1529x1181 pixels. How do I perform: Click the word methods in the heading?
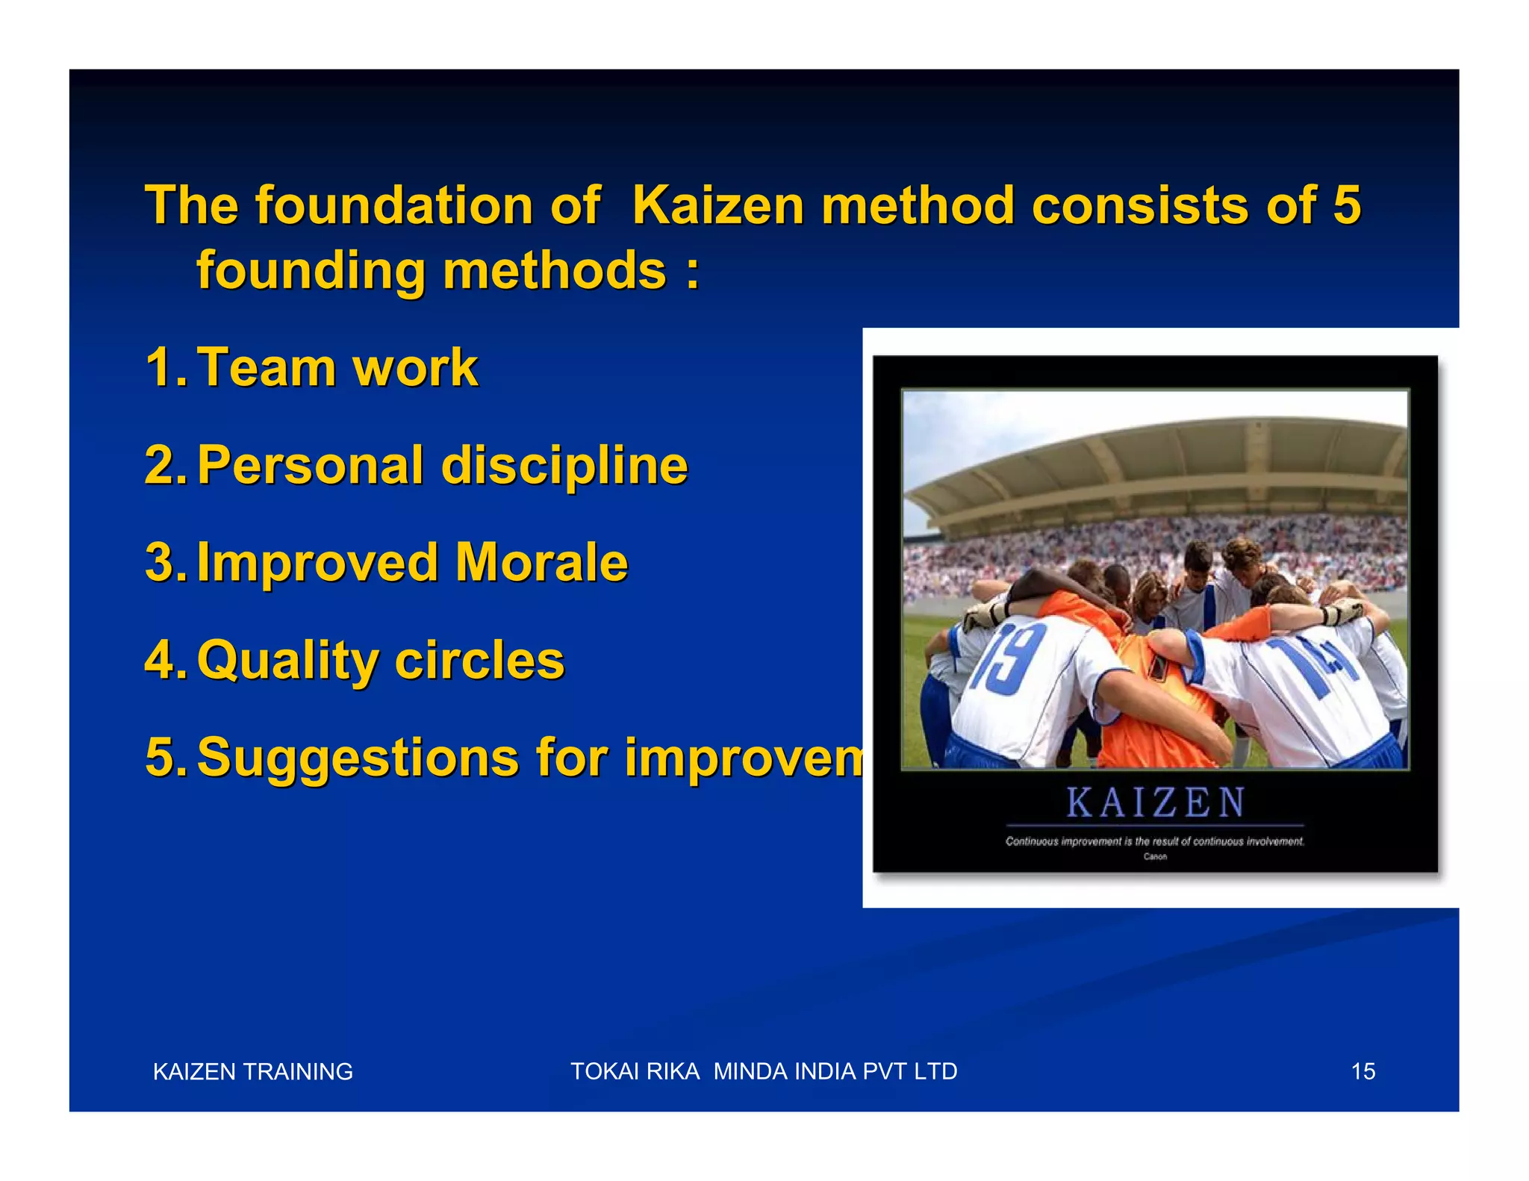pyautogui.click(x=554, y=270)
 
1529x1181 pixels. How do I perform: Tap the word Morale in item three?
pyautogui.click(x=541, y=562)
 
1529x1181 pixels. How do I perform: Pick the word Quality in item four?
pyautogui.click(x=287, y=660)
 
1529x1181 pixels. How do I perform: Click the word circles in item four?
pyautogui.click(x=480, y=660)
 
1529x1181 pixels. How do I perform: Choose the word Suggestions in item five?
pyautogui.click(x=358, y=757)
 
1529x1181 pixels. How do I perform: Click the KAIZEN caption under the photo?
pyautogui.click(x=1154, y=803)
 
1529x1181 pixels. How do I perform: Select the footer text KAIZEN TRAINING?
pyautogui.click(x=252, y=1071)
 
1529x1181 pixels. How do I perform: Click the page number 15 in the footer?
pyautogui.click(x=1363, y=1071)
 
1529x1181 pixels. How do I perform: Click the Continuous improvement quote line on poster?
pyautogui.click(x=1154, y=841)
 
